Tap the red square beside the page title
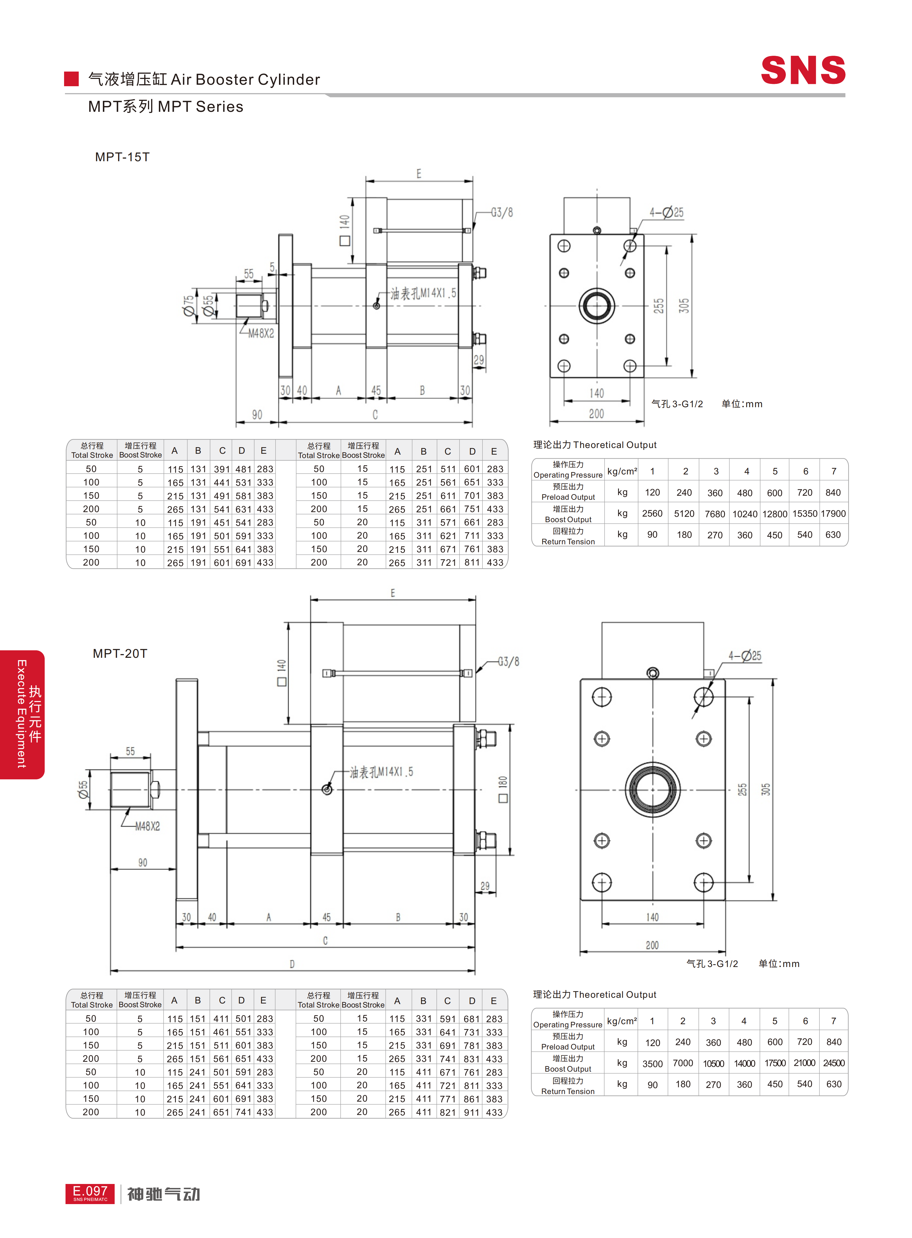pos(71,79)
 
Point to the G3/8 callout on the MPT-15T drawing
pos(502,213)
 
